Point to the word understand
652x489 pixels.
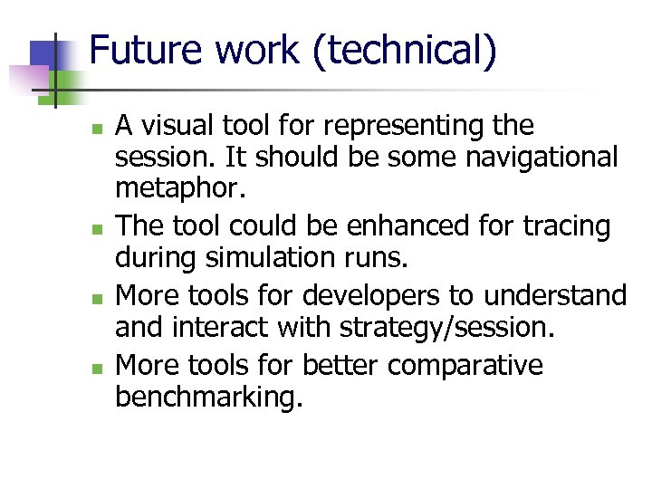(561, 296)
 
